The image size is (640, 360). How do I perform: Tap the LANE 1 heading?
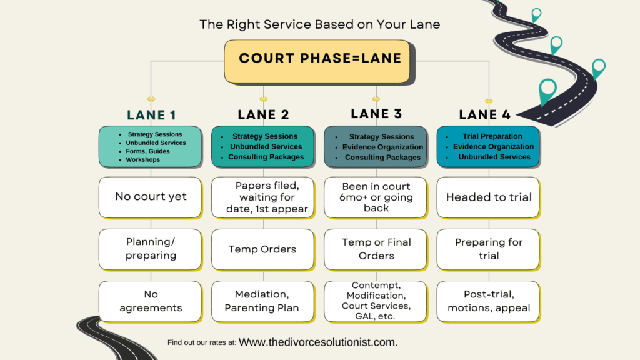(151, 115)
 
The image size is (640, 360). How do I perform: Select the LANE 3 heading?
(376, 114)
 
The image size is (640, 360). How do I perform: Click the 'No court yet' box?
(150, 197)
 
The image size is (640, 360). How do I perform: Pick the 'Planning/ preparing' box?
(150, 249)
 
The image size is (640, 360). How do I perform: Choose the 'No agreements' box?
(150, 301)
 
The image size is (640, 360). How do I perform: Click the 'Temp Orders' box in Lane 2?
(262, 249)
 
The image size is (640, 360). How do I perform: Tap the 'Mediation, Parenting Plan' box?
(262, 301)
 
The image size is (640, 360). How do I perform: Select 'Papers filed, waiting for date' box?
(262, 197)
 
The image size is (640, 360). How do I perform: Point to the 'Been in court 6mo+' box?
(376, 197)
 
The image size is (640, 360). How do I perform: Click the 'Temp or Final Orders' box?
(376, 249)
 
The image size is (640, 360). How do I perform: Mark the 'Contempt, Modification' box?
(376, 301)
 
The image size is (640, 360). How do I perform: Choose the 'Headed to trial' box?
(488, 197)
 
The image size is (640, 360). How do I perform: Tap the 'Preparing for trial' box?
(488, 249)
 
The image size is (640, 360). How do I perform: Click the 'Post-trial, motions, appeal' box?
(488, 301)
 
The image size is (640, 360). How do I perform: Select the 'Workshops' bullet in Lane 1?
(142, 159)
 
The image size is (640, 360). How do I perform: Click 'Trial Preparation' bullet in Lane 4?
(492, 136)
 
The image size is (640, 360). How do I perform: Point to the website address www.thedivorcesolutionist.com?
(318, 342)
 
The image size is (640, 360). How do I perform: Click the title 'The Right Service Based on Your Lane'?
(319, 25)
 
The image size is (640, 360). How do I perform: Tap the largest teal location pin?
(547, 90)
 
